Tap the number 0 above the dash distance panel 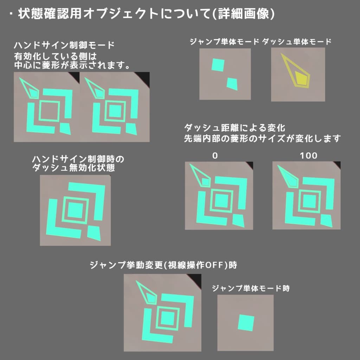[215, 155]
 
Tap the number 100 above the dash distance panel [309, 155]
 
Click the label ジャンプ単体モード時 [251, 289]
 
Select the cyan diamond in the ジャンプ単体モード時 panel [246, 322]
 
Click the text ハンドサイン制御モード [64, 45]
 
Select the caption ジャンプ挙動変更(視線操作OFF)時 [163, 265]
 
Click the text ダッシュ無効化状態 [73, 168]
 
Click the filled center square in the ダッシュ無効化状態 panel [75, 211]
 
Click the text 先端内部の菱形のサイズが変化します [262, 139]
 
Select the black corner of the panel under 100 [336, 165]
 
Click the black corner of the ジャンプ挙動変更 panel [197, 278]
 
